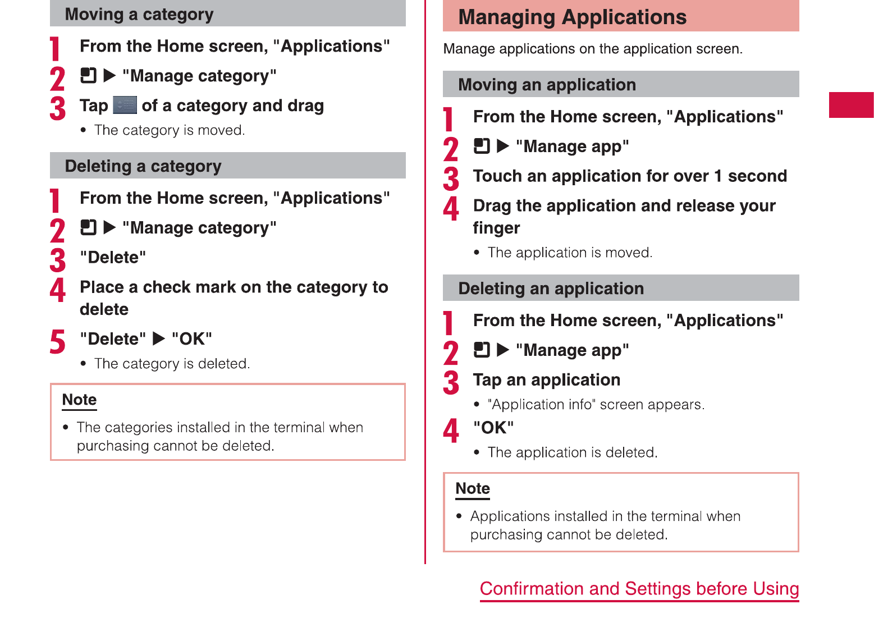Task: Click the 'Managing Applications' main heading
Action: point(572,17)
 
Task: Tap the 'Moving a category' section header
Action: point(139,15)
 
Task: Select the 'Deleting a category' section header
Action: point(143,166)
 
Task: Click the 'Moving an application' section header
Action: point(547,85)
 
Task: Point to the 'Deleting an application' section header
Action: point(551,289)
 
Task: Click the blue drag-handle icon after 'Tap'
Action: point(125,105)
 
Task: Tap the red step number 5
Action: point(57,341)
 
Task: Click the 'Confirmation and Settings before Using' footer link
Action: point(639,589)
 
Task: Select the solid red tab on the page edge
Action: point(851,104)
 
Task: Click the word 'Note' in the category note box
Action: point(79,400)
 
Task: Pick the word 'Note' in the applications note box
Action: point(473,488)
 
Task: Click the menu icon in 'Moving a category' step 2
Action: point(88,75)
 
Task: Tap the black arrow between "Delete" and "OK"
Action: point(158,338)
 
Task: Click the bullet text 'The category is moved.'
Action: point(170,130)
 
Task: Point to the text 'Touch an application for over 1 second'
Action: point(630,176)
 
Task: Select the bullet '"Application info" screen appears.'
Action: point(596,405)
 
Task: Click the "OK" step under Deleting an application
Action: point(493,428)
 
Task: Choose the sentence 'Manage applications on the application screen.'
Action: point(593,49)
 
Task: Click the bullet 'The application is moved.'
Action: point(570,253)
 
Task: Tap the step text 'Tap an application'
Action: point(547,380)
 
